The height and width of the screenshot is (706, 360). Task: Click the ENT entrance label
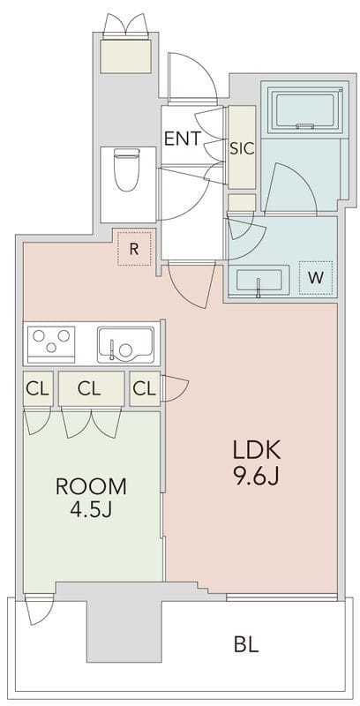tap(183, 139)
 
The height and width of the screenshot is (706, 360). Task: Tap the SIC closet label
tap(242, 148)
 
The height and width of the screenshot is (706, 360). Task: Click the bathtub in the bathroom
tap(304, 109)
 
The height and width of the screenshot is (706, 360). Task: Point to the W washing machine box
tap(316, 278)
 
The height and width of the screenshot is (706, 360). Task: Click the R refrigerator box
tap(134, 249)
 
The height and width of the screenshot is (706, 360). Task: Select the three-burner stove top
tap(51, 344)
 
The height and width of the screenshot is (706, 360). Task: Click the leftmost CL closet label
tap(37, 388)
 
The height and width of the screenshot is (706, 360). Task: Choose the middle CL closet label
tap(89, 388)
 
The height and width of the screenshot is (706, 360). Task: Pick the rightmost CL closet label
tap(145, 388)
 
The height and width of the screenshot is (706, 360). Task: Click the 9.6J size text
tap(257, 477)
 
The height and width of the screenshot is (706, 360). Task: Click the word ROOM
tap(92, 487)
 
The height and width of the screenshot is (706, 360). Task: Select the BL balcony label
tap(246, 645)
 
